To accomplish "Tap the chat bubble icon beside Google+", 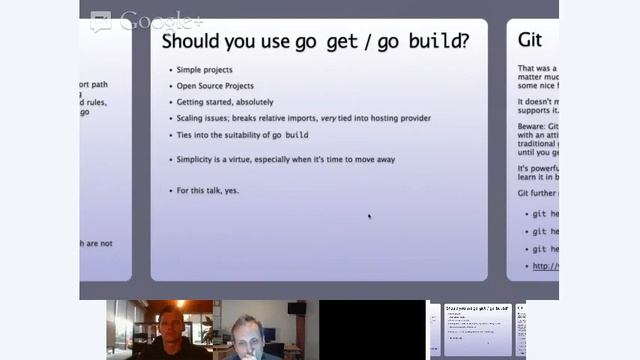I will pyautogui.click(x=101, y=22).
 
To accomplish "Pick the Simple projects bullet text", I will pyautogui.click(x=205, y=70).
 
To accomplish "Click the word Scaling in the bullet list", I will pyautogui.click(x=193, y=118).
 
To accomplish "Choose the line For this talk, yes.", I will pyautogui.click(x=208, y=190).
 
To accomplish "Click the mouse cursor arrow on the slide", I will pyautogui.click(x=369, y=216).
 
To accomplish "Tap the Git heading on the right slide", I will pyautogui.click(x=530, y=40).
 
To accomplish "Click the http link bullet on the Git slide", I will pyautogui.click(x=545, y=266).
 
